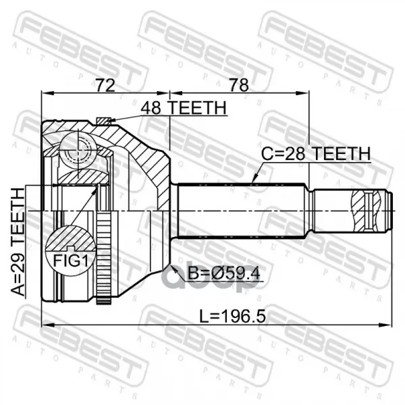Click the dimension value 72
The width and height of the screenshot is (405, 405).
pyautogui.click(x=105, y=85)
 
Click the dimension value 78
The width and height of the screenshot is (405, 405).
pyautogui.click(x=239, y=85)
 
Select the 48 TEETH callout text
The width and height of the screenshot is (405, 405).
pyautogui.click(x=184, y=108)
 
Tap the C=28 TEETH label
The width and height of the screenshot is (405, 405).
pyautogui.click(x=316, y=154)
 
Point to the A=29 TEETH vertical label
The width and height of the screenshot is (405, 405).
pyautogui.click(x=18, y=242)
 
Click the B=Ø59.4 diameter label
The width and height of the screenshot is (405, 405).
pyautogui.click(x=223, y=273)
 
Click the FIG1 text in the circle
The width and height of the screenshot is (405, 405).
pyautogui.click(x=70, y=261)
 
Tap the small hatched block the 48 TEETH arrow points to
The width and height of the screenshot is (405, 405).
pyautogui.click(x=103, y=121)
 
